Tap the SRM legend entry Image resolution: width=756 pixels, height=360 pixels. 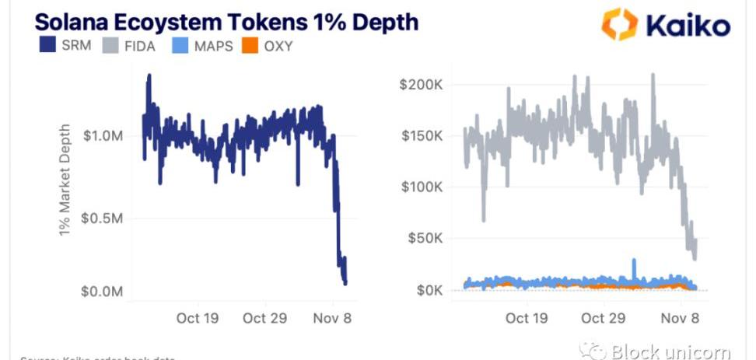click(65, 46)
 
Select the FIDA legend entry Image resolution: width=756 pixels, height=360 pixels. click(128, 46)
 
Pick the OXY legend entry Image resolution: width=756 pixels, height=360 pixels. click(268, 46)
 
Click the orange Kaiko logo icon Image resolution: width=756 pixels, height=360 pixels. click(619, 24)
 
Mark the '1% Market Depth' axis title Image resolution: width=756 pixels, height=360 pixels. click(65, 181)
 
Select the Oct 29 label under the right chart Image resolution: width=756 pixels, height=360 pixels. click(604, 318)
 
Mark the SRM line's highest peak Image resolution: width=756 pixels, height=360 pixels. click(149, 76)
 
